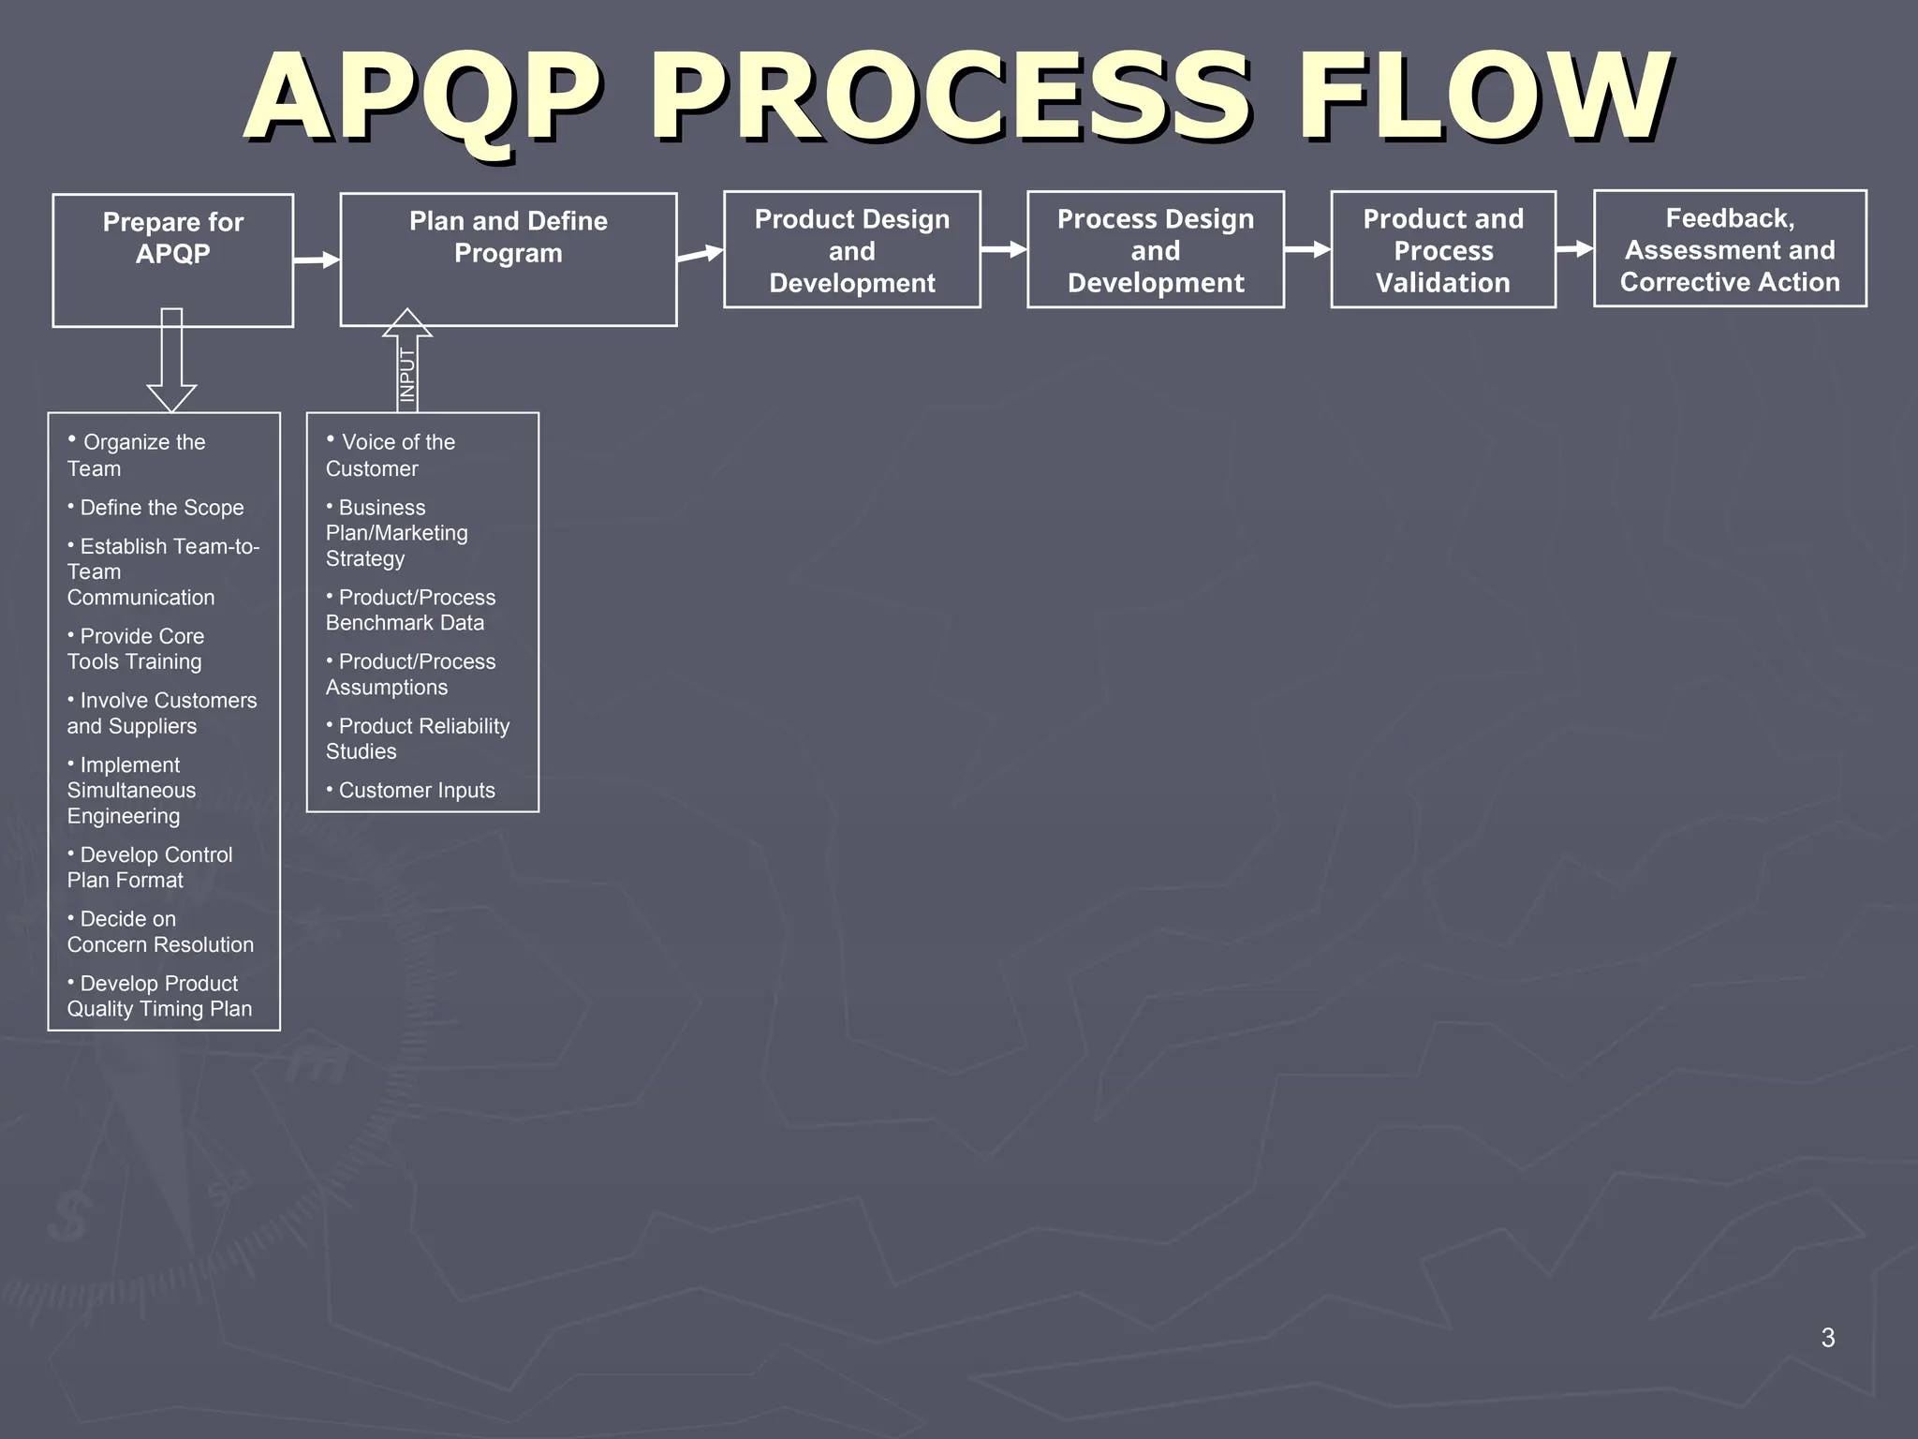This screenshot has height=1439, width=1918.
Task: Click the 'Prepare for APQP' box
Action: click(172, 260)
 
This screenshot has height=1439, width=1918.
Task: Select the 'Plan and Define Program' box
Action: click(508, 259)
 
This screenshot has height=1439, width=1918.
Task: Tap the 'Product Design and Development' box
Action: click(851, 249)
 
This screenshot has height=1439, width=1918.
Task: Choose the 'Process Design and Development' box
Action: click(1155, 249)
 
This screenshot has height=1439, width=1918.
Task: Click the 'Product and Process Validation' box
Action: click(1442, 249)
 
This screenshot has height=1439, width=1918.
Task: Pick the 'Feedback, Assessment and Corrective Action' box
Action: click(1729, 248)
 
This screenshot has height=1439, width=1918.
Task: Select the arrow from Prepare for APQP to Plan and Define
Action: click(317, 260)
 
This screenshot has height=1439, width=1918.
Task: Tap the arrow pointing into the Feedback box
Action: click(1574, 249)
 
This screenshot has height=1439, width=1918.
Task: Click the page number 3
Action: click(1827, 1338)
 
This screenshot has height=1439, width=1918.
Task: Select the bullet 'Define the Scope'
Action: click(160, 508)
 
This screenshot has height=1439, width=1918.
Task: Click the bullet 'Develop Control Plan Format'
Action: click(150, 868)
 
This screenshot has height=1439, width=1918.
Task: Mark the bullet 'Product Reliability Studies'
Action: click(418, 738)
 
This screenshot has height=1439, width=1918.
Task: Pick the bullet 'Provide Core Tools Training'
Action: click(137, 648)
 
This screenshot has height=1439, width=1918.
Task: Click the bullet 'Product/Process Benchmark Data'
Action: click(411, 610)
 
